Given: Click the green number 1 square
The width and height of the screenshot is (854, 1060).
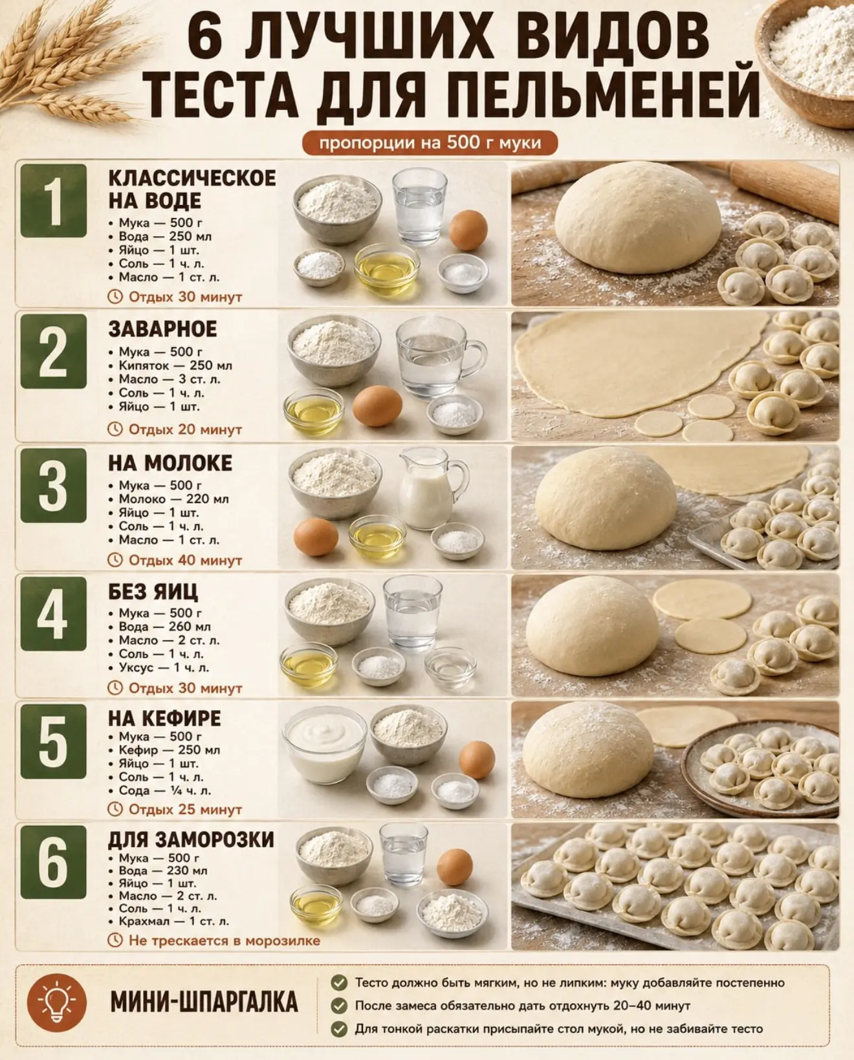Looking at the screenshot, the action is point(54,201).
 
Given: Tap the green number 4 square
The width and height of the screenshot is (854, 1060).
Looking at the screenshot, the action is point(54,614).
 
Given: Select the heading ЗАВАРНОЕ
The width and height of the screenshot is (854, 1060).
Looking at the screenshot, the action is point(162,329).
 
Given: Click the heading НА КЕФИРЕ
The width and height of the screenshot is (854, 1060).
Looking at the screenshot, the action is point(164,718).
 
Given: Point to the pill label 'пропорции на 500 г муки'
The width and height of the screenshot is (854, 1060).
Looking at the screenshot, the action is point(430,143).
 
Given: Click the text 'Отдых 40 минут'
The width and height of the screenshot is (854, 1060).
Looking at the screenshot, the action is point(185,561).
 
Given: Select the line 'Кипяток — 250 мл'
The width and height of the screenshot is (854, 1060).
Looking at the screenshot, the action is point(175,365).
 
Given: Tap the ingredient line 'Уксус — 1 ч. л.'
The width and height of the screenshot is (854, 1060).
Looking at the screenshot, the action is point(164,667).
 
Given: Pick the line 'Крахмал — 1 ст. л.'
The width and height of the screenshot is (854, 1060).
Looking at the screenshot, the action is point(174,921).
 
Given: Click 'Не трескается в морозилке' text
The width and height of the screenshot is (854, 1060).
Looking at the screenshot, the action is point(224,940).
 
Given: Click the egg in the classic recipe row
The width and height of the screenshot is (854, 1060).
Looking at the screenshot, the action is point(468,230).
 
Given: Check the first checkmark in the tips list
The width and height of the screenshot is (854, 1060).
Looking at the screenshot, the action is point(339,982).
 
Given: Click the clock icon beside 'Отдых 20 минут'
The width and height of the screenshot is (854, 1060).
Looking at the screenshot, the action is point(115,429).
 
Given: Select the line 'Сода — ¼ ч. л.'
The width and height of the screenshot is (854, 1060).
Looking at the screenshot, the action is point(164,790).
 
